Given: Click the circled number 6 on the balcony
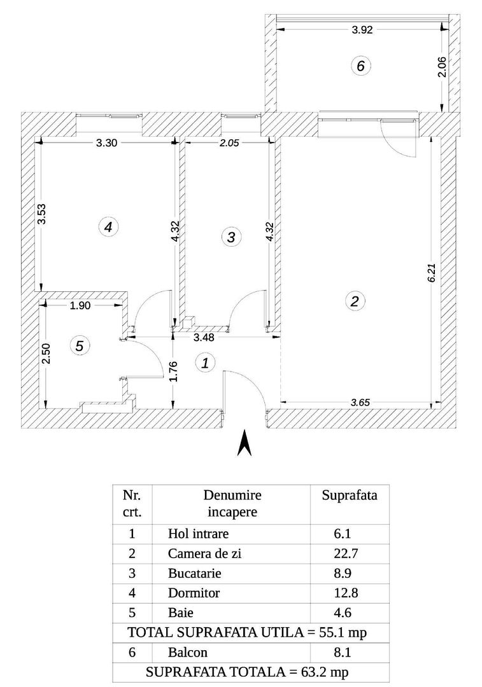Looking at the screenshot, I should pyautogui.click(x=360, y=66).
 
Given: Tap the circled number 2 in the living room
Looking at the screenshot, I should pyautogui.click(x=354, y=302).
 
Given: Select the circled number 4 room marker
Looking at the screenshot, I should pyautogui.click(x=110, y=226).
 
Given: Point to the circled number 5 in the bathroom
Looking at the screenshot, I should pyautogui.click(x=80, y=346).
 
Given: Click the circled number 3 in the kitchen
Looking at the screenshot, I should pyautogui.click(x=231, y=237).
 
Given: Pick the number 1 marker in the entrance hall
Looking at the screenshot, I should pyautogui.click(x=205, y=363).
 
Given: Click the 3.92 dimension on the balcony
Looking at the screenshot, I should pyautogui.click(x=362, y=28).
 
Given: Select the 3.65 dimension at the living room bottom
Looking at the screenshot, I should pyautogui.click(x=361, y=402).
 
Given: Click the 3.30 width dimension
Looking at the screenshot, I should pyautogui.click(x=106, y=142).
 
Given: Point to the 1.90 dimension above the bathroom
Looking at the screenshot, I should pyautogui.click(x=81, y=305).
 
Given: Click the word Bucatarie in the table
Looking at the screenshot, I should pyautogui.click(x=195, y=573).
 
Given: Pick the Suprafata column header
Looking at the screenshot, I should pyautogui.click(x=350, y=496).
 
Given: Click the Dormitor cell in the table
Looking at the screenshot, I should pyautogui.click(x=194, y=593).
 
